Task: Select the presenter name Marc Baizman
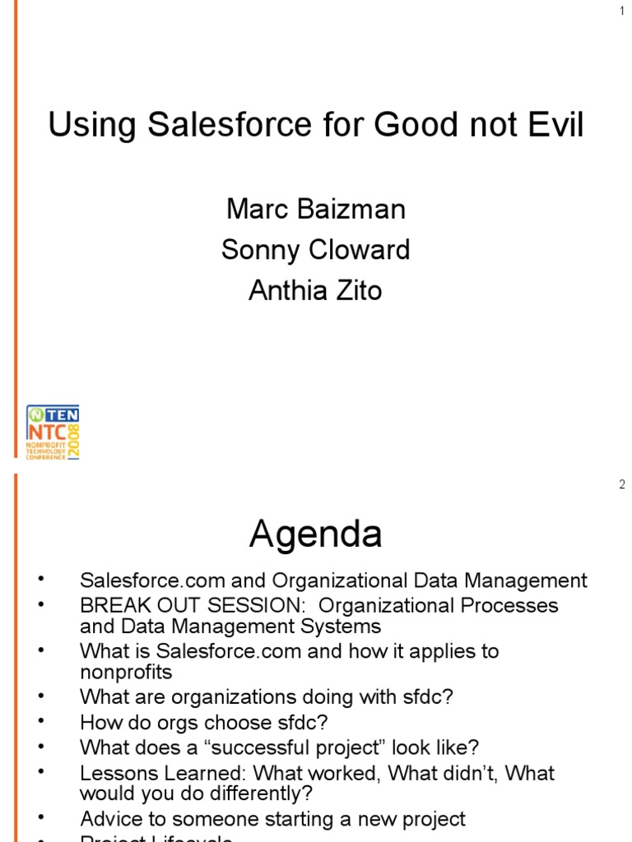point(316,209)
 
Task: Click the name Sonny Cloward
point(316,250)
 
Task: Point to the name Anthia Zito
point(316,290)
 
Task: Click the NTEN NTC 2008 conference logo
point(53,432)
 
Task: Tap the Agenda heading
point(316,534)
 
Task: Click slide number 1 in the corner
point(622,11)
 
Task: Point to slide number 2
point(622,485)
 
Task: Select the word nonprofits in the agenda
point(126,673)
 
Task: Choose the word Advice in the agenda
point(107,819)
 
